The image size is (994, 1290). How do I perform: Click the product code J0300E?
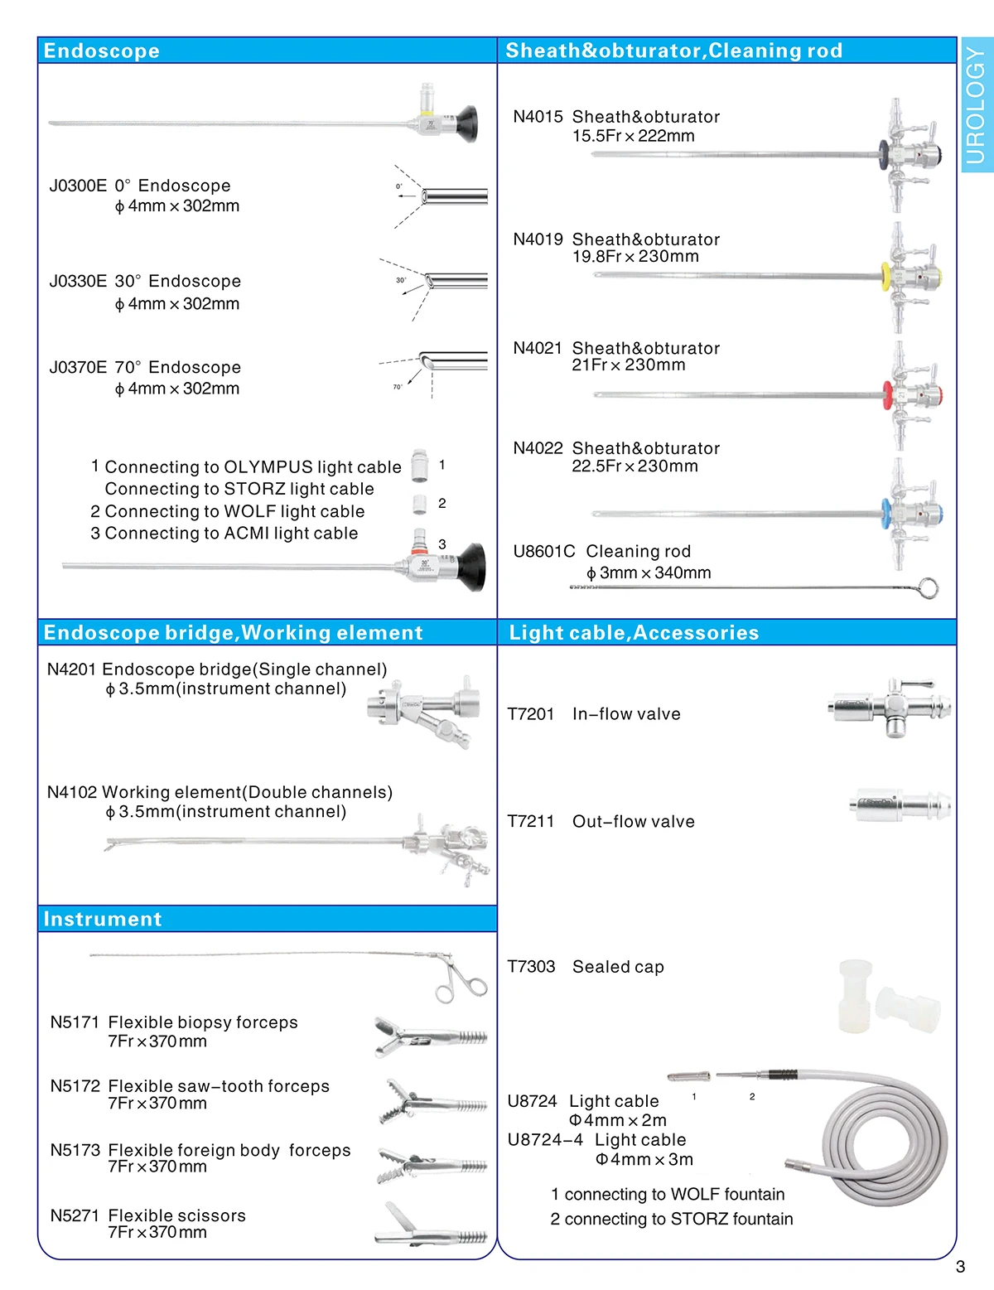click(77, 186)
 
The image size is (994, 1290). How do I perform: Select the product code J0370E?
click(77, 367)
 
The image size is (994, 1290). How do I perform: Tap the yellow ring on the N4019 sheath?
click(885, 274)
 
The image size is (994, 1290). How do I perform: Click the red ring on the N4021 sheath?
click(887, 394)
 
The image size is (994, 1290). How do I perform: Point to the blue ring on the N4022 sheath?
click(886, 512)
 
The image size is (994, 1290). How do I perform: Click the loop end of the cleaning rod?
click(929, 588)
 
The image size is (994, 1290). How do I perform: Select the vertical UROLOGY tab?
click(977, 105)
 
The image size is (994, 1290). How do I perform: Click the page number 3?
click(960, 1267)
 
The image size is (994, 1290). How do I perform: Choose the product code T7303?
click(531, 967)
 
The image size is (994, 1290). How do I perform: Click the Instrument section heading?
click(103, 919)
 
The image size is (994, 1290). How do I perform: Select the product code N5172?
click(75, 1086)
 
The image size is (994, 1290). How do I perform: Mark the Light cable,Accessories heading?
click(634, 633)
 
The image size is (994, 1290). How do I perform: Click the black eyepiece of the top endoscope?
click(466, 123)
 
